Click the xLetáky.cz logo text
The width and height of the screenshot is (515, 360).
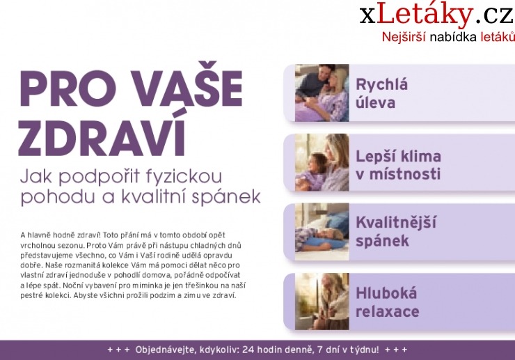click(x=436, y=15)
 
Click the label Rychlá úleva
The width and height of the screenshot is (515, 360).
click(x=381, y=93)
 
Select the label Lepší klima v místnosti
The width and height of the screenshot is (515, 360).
click(x=398, y=164)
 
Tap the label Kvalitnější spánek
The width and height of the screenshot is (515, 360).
click(x=395, y=232)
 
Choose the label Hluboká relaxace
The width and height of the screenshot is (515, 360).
click(x=387, y=302)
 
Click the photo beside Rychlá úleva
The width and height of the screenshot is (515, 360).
click(x=321, y=93)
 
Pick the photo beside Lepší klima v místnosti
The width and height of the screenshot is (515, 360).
click(x=321, y=163)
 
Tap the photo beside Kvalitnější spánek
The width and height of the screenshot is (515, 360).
click(x=321, y=232)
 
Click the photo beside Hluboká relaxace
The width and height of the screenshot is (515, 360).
click(x=321, y=301)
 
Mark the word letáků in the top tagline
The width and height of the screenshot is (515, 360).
click(x=498, y=37)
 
